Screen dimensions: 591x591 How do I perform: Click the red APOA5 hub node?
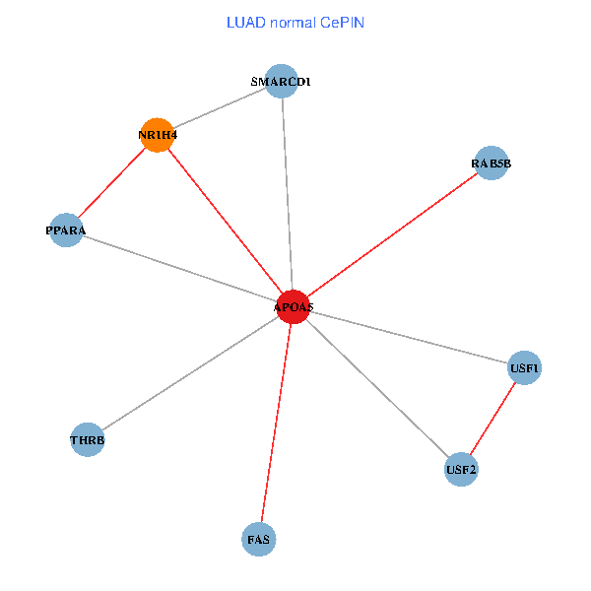[x=294, y=306]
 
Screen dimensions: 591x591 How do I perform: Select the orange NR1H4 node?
[x=158, y=135]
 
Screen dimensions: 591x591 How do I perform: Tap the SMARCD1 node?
[x=282, y=82]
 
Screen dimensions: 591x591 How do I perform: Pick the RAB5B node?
[x=491, y=164]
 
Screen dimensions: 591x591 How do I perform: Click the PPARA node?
[x=66, y=230]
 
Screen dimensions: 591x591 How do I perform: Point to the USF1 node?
[x=524, y=368]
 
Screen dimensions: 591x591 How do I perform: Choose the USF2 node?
[x=461, y=468]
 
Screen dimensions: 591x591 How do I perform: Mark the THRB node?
[x=88, y=439]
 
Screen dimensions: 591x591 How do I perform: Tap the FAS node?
[x=259, y=539]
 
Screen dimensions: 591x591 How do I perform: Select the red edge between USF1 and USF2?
[x=492, y=418]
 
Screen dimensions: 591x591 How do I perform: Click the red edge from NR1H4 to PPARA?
[x=112, y=182]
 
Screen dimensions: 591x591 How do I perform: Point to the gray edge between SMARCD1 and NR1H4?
[x=220, y=108]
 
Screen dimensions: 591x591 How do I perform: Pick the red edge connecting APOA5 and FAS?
[x=277, y=423]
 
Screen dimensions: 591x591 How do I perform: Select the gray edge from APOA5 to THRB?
[x=191, y=372]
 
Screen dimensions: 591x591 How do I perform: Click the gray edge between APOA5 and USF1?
[x=409, y=337]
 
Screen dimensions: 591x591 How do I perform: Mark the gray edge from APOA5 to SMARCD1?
[x=288, y=194]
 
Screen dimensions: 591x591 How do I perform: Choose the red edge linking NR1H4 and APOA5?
[x=226, y=221]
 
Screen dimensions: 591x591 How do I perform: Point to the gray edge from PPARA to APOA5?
[x=179, y=268]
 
